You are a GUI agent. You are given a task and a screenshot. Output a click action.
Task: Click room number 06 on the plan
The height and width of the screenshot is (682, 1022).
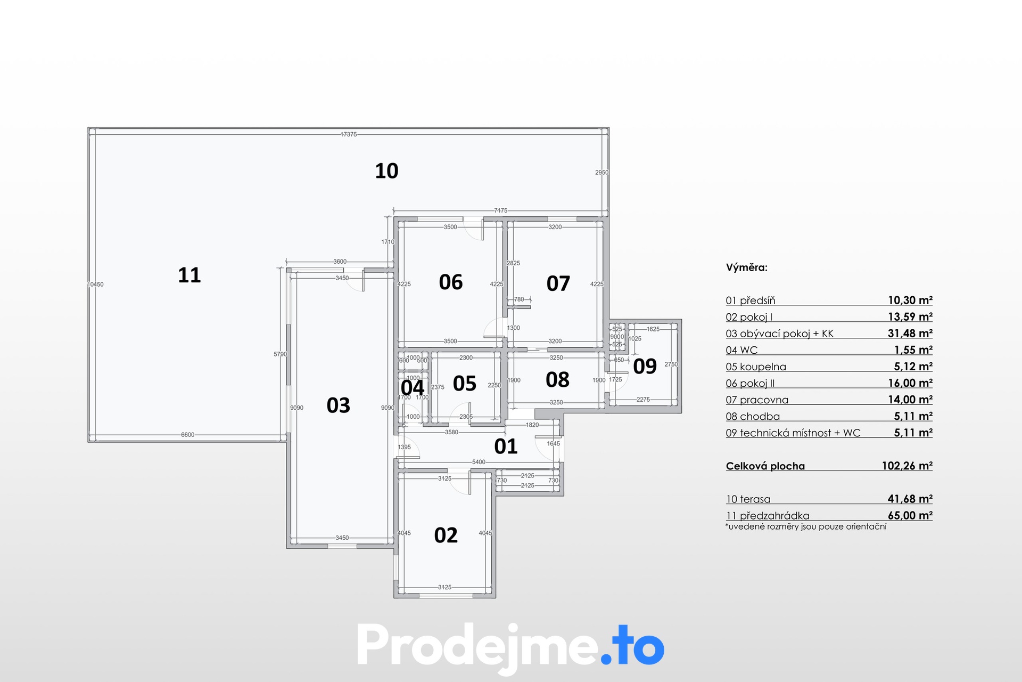pos(451,282)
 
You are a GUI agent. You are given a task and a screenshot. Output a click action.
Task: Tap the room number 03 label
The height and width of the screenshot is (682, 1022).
pos(339,405)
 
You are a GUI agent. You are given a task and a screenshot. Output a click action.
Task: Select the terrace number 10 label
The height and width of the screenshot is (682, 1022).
pos(386,171)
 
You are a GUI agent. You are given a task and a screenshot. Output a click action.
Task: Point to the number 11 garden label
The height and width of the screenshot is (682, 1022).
pos(189,275)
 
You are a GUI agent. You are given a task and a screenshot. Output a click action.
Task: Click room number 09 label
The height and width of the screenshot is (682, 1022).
pos(645,367)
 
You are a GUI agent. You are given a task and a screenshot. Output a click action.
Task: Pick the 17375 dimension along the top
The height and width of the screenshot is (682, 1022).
pos(349,134)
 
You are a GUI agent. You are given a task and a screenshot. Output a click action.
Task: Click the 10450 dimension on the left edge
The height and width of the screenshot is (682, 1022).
pos(96,285)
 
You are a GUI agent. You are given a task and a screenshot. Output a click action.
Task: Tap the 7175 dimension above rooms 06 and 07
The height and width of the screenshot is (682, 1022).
pos(501,210)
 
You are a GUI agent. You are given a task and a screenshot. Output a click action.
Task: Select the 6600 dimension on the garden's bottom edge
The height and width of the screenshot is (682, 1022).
pos(188,435)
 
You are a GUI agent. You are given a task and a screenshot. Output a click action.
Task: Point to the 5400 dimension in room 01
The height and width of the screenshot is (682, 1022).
pos(479,462)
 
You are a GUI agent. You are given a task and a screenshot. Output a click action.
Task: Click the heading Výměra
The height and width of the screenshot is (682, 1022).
pos(747,267)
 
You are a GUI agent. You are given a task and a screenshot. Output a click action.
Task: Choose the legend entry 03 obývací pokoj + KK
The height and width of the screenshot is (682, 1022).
pos(780,334)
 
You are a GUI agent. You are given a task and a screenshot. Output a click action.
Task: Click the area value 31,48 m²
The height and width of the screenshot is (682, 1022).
pos(910,334)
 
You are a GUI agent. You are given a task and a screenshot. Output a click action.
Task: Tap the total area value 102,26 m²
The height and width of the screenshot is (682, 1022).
pos(907,466)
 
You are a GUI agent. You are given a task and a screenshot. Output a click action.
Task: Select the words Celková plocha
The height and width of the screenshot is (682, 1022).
pos(765,466)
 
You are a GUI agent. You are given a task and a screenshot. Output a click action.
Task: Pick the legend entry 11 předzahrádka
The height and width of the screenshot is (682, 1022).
pos(768,516)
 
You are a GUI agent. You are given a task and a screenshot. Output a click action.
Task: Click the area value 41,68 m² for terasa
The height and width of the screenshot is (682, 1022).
pos(910,499)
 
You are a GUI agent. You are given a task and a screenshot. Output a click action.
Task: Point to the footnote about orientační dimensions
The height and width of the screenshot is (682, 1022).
pos(806,526)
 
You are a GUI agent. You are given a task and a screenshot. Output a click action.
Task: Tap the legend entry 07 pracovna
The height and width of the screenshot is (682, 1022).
pos(757,400)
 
